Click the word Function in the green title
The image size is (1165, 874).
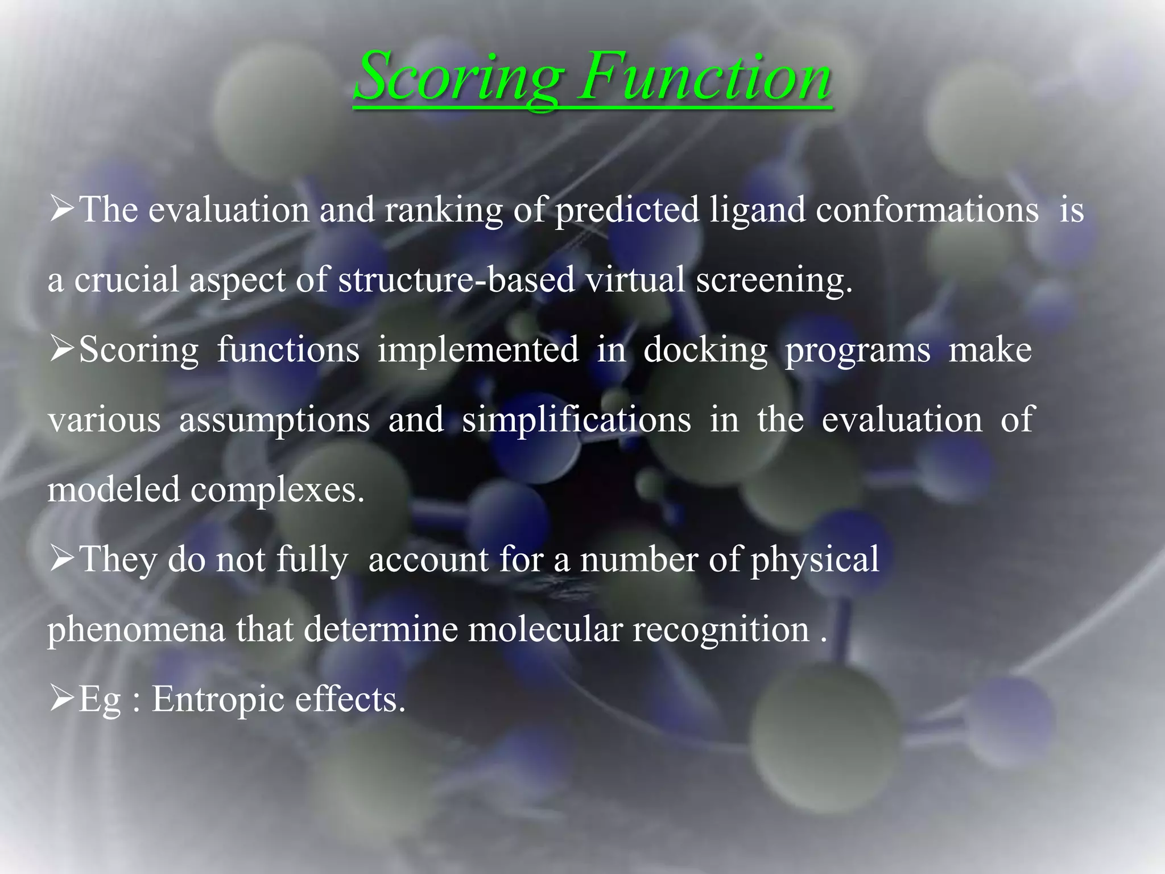[x=705, y=77]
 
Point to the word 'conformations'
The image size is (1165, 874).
[x=927, y=209]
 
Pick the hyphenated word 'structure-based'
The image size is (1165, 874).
[x=456, y=280]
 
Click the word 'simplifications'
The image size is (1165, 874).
[x=576, y=420]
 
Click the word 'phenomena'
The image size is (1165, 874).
[x=137, y=630]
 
